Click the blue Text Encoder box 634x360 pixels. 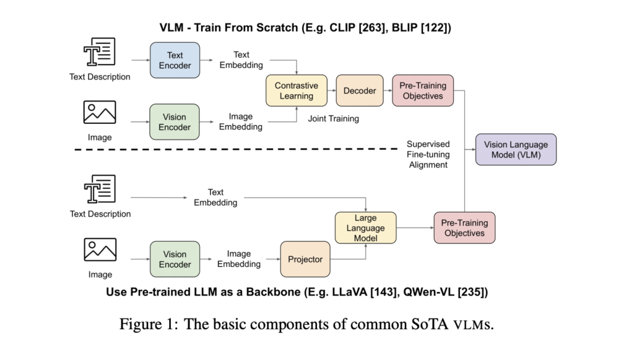coord(175,60)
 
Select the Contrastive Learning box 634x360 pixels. coord(296,90)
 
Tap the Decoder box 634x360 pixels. coord(360,90)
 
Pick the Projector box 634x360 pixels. coord(305,259)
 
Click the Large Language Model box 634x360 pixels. coord(365,228)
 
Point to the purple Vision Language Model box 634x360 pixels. coord(516,149)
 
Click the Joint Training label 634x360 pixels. coord(333,118)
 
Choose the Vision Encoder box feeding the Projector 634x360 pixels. coord(175,259)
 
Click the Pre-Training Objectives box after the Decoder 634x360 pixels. coord(423,90)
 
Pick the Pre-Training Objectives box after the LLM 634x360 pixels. coord(464,228)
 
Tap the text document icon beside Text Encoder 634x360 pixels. coord(100,53)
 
